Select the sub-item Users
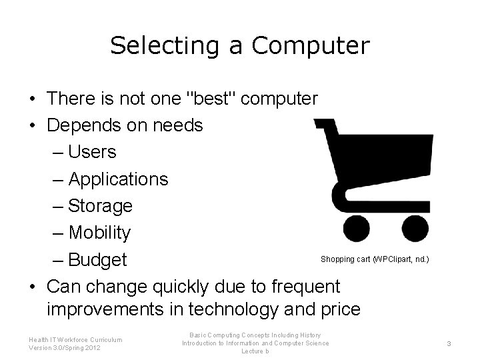pos(92,152)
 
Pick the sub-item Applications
pos(118,179)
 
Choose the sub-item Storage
pos(100,206)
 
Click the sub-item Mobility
pos(99,233)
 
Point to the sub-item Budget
pos(97,259)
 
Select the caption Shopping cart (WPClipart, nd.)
pos(374,259)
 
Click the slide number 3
pos(449,343)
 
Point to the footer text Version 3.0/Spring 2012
pos(65,348)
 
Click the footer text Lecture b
pos(255,351)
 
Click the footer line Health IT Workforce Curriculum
pos(75,339)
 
